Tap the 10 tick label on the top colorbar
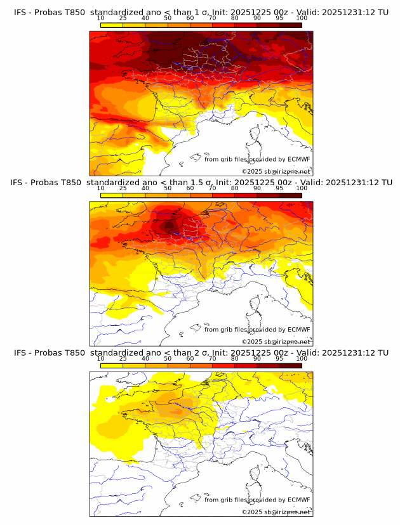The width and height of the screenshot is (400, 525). pos(100,18)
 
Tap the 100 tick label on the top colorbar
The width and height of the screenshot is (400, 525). pos(301,18)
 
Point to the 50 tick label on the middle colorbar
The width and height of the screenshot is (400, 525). pos(168,188)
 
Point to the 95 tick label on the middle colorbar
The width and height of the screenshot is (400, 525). pos(279,188)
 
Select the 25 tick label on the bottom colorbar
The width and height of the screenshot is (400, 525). pos(123,358)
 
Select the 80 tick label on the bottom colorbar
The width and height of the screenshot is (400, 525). pos(234,358)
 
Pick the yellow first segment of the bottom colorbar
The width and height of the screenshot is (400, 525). pos(112,365)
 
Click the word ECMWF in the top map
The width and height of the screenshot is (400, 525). pos(298,159)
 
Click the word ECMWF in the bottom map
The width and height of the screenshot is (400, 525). pos(298,500)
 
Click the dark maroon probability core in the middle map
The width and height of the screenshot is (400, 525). pos(169,225)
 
